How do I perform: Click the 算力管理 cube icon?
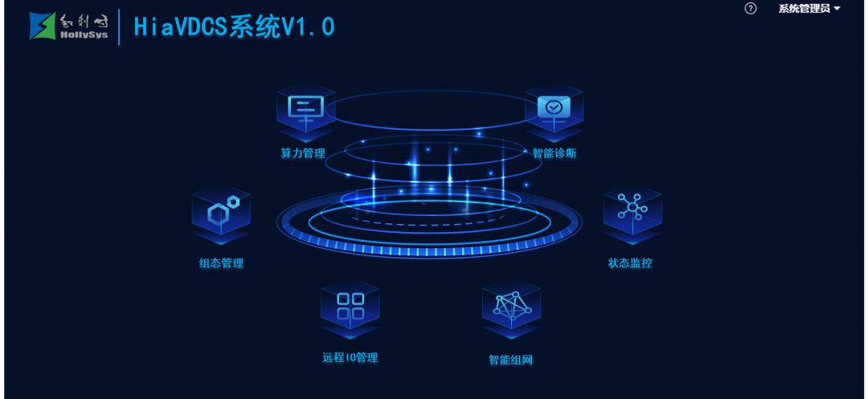(305, 108)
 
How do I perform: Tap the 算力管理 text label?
(303, 153)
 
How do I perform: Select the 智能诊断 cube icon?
(555, 108)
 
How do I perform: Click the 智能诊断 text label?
(555, 153)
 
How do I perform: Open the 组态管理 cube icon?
(221, 213)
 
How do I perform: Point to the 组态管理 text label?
(221, 263)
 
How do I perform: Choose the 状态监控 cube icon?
(633, 210)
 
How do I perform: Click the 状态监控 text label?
(630, 263)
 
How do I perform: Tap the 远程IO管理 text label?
(350, 357)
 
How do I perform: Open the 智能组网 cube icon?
(511, 307)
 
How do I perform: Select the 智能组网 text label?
(510, 360)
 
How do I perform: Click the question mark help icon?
(751, 9)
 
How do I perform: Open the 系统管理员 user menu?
(804, 9)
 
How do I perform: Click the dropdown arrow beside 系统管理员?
(837, 9)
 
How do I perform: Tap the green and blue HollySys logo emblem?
(43, 26)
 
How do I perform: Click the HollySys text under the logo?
(84, 35)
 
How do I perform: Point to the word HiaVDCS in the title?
(181, 26)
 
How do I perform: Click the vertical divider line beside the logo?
(119, 26)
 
